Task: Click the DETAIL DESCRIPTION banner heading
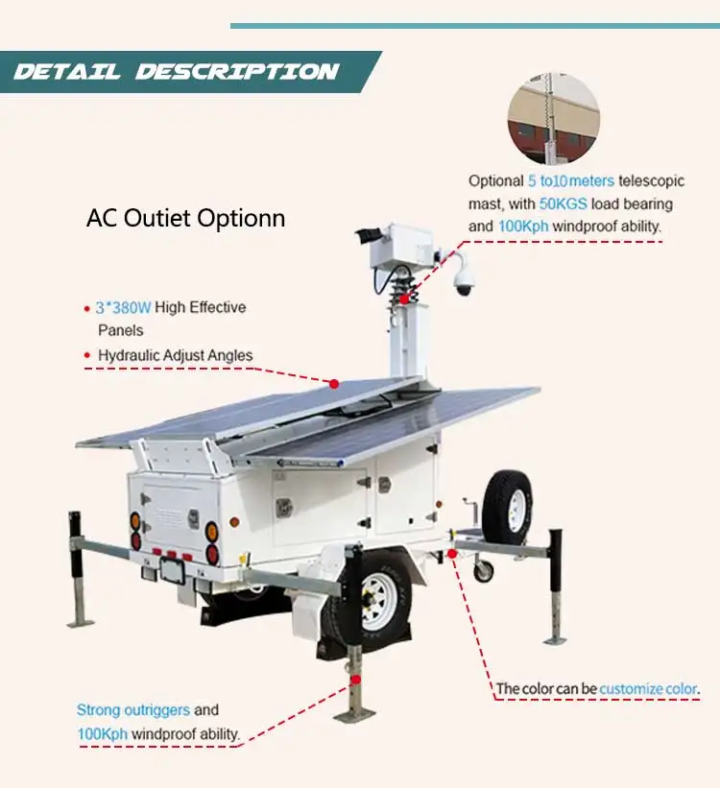pos(177,72)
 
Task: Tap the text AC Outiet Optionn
pos(185,218)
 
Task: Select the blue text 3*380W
pos(123,308)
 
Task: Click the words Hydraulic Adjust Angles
pos(176,355)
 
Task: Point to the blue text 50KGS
pos(562,203)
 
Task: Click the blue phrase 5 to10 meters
pos(570,180)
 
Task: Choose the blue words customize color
pos(649,688)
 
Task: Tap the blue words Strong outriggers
pos(133,710)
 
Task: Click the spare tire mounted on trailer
pos(508,508)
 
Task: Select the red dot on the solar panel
pos(334,383)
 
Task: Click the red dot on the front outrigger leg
pos(356,679)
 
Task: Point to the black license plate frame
pos(173,569)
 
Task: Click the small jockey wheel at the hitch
pos(483,570)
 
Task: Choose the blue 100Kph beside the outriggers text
pos(102,734)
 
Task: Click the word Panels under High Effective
pos(121,330)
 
